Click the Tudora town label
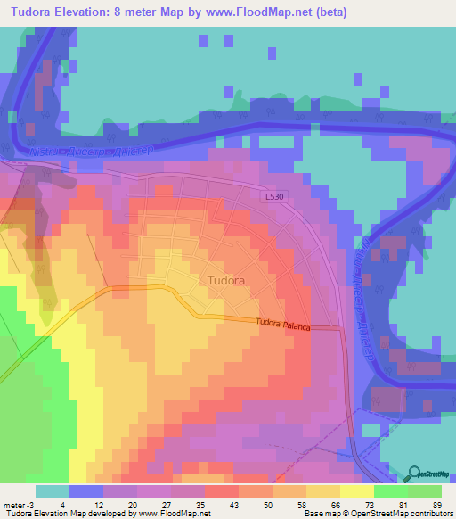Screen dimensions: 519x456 [225, 280]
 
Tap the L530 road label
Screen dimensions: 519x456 [276, 197]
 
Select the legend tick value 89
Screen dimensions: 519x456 [436, 504]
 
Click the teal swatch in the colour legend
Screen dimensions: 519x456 [52, 491]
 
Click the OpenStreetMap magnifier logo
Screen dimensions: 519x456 [415, 473]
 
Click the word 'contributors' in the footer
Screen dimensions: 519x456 [426, 514]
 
